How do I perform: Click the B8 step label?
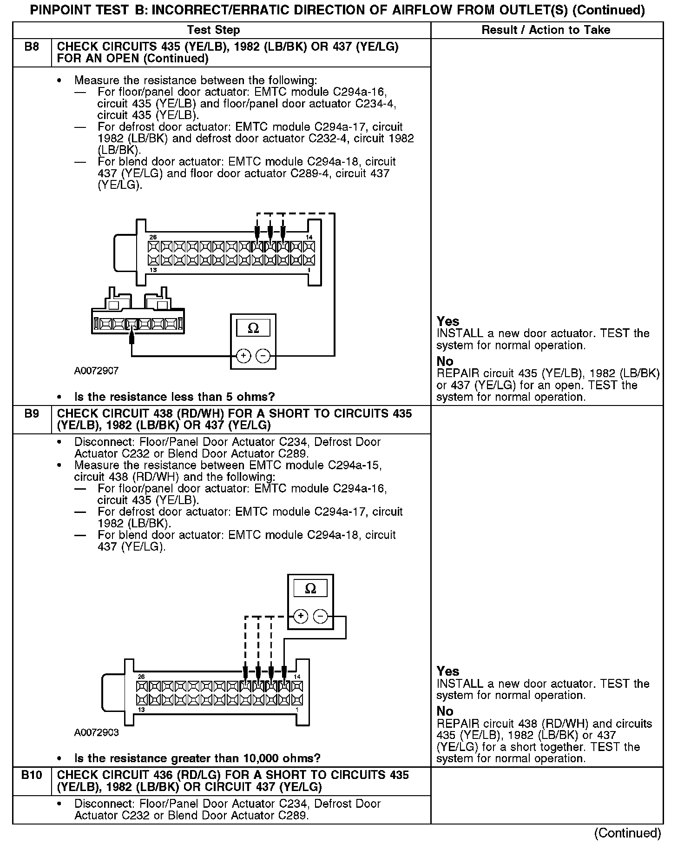click(31, 47)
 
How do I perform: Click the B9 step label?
click(31, 413)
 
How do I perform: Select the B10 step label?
click(31, 775)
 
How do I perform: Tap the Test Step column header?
click(213, 30)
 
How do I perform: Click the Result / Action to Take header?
click(546, 30)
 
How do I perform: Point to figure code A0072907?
click(96, 371)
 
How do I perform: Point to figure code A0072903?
click(96, 732)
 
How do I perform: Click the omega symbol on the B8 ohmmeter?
click(253, 328)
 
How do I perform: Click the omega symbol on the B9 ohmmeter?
click(310, 589)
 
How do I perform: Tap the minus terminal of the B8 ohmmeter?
click(263, 356)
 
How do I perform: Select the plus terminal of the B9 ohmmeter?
click(301, 617)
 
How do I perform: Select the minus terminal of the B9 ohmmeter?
click(321, 617)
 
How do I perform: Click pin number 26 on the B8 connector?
click(153, 238)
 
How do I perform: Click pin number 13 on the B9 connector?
click(141, 710)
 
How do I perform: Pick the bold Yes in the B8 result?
click(448, 321)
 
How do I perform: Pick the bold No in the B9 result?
click(445, 711)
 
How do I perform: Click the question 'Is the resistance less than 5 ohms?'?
click(174, 397)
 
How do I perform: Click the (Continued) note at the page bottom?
click(627, 833)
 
